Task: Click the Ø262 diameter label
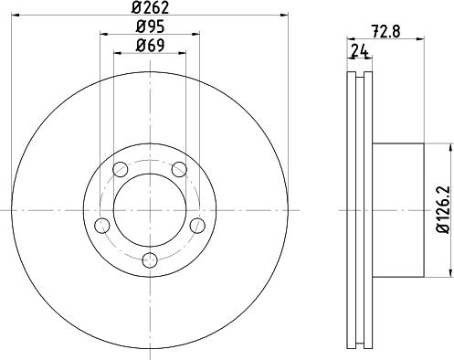(150, 11)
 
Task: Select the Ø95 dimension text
(150, 27)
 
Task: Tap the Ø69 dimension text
(150, 46)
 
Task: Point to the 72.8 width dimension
(386, 28)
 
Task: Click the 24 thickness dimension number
(359, 52)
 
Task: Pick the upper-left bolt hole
(119, 168)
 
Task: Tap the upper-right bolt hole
(180, 168)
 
